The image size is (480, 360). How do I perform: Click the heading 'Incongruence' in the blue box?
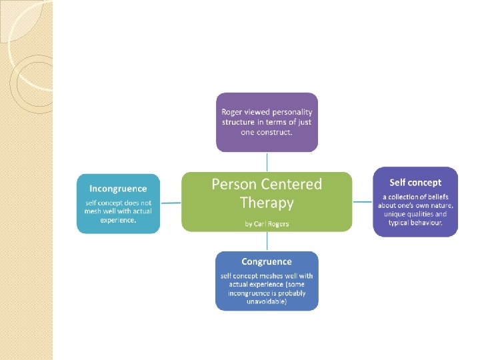click(118, 189)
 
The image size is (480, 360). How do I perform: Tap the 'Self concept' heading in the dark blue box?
click(415, 182)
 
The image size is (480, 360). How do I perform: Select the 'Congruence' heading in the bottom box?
click(267, 261)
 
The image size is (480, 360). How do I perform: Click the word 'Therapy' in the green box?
click(267, 202)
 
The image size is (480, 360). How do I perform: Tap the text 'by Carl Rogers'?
click(267, 223)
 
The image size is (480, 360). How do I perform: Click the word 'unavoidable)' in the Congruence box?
click(267, 301)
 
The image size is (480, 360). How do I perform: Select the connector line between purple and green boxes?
click(267, 162)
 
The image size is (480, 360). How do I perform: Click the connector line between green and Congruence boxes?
click(267, 241)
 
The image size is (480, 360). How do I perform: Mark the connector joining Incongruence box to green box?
click(171, 202)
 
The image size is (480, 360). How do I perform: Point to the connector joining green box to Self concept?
click(362, 201)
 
